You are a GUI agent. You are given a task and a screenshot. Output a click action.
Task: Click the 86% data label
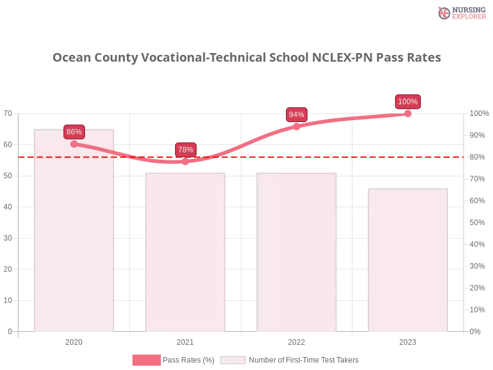click(x=74, y=132)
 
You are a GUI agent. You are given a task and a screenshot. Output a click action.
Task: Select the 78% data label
click(x=185, y=150)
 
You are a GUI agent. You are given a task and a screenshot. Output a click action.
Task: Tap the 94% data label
click(x=296, y=115)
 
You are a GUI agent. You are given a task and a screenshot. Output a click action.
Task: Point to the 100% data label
click(x=408, y=102)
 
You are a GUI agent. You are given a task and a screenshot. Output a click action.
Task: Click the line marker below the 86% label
click(x=74, y=144)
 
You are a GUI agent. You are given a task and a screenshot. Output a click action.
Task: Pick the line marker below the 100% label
click(x=408, y=113)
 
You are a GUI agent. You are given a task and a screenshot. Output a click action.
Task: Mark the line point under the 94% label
click(x=296, y=126)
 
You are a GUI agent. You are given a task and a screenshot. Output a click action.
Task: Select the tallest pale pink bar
click(x=74, y=234)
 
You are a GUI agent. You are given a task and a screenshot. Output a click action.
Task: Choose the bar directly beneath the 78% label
click(x=185, y=253)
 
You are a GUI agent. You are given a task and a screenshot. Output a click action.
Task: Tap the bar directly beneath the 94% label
click(x=297, y=253)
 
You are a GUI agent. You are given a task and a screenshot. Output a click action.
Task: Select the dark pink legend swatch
click(x=146, y=360)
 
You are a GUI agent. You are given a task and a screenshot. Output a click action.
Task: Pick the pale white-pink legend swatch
click(x=233, y=360)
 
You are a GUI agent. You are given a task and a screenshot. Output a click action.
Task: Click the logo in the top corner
click(x=461, y=12)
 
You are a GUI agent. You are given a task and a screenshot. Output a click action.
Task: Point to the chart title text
click(x=246, y=58)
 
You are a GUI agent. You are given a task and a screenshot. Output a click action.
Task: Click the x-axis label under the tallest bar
click(x=74, y=341)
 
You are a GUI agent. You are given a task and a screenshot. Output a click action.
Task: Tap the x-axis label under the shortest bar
click(x=408, y=341)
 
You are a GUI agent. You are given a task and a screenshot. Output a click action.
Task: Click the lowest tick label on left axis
click(x=9, y=331)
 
